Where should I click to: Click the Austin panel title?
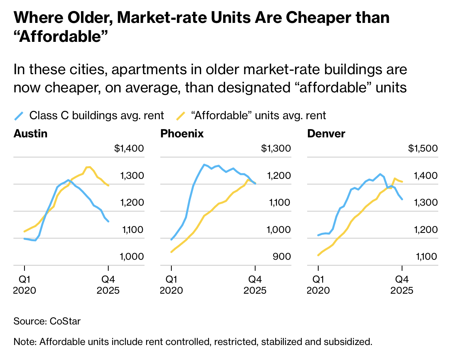(30, 134)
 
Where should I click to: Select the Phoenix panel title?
(182, 134)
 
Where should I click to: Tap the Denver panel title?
(326, 134)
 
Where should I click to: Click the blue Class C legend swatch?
(19, 116)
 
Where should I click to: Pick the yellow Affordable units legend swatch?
(180, 116)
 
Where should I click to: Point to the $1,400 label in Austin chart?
(129, 149)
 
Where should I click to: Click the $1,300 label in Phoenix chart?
(276, 149)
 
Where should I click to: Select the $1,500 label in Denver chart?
(423, 149)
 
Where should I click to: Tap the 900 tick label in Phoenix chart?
(282, 257)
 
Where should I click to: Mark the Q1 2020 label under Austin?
(24, 285)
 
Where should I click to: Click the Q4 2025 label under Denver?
(402, 285)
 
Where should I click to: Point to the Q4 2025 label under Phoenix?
(255, 285)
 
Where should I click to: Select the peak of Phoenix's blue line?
(204, 165)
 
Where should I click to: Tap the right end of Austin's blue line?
(109, 221)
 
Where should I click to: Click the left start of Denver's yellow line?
(318, 255)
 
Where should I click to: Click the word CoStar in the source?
(65, 321)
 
